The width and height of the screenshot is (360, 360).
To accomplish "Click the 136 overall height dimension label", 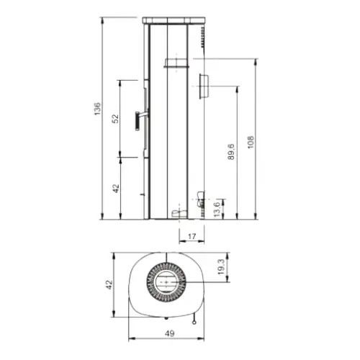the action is point(97,109).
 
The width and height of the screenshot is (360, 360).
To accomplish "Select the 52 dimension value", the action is point(116,119).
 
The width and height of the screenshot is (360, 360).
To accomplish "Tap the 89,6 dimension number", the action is point(230,152).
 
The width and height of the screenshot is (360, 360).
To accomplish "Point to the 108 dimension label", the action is point(251,143).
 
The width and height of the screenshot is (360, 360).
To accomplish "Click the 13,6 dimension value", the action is point(217,210).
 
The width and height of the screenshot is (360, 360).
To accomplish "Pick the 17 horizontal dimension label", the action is point(192,237).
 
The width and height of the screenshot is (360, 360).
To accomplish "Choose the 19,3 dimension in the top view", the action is point(221,266).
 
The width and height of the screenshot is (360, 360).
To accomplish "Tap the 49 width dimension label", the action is point(170,333).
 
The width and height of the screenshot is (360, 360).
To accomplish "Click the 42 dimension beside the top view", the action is point(109,284).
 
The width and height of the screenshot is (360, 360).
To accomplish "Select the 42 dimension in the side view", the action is point(116,189).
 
